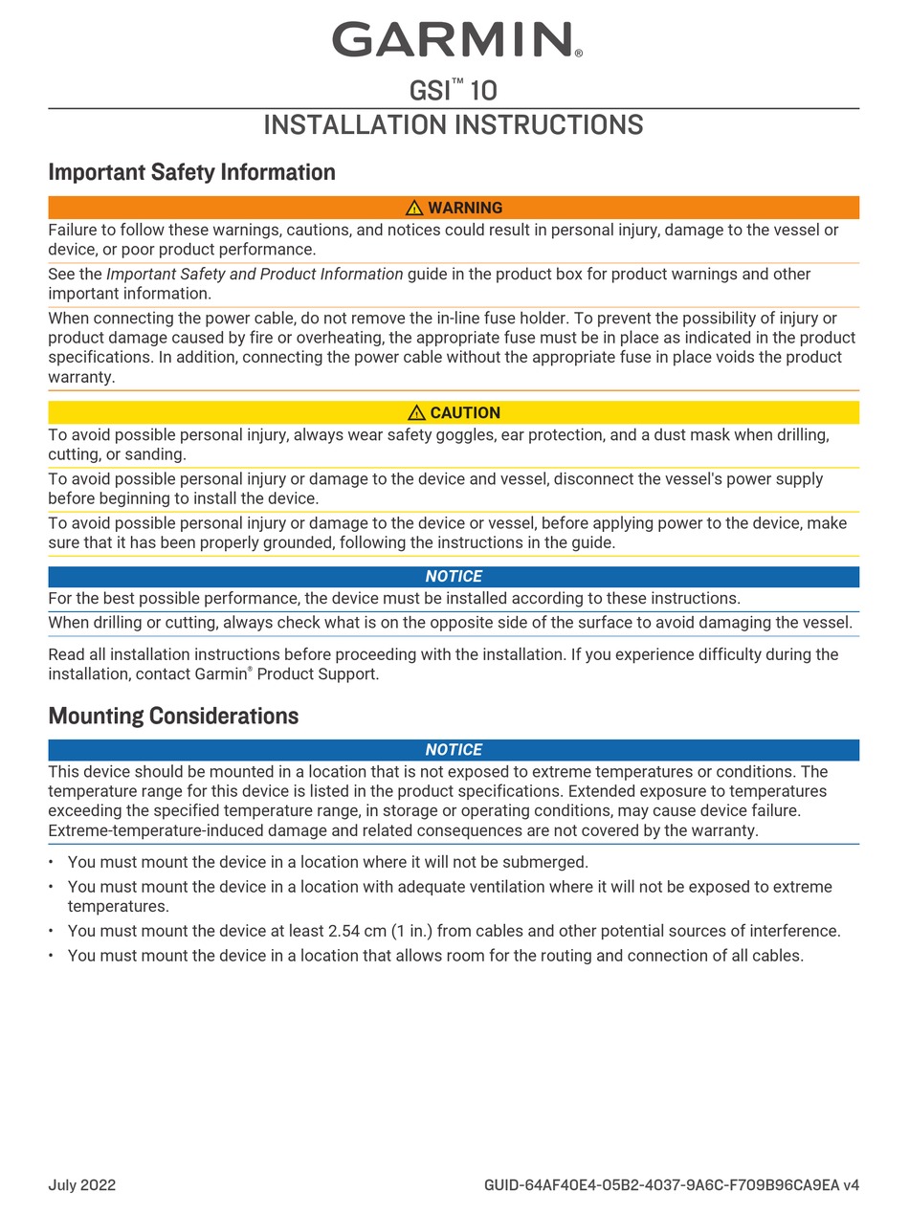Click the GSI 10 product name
coord(453,91)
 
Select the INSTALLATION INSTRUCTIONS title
coord(453,125)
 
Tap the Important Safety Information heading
coord(191,172)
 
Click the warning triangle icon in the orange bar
coord(414,208)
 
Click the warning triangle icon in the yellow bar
coord(416,412)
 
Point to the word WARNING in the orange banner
coord(465,208)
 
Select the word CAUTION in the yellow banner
coord(465,412)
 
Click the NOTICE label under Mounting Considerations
coord(454,750)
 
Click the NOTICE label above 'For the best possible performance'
coord(454,576)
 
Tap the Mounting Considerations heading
coord(173,717)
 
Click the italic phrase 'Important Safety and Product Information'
coord(255,275)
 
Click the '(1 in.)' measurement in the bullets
coord(411,931)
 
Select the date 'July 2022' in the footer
coord(82,1185)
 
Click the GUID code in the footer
coord(671,1185)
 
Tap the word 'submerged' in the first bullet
coord(548,862)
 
